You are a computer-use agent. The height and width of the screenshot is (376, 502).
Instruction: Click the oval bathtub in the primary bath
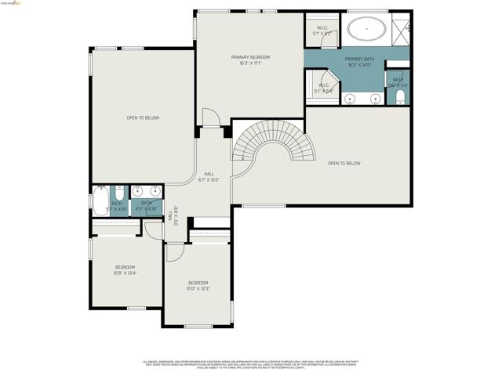click(366, 31)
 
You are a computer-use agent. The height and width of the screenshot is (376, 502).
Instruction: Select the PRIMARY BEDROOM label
click(250, 60)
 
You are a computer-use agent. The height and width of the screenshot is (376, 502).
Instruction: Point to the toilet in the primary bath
click(399, 96)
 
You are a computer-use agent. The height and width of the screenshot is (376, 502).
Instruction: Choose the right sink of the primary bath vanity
click(374, 99)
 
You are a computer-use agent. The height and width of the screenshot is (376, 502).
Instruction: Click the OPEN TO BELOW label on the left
click(143, 117)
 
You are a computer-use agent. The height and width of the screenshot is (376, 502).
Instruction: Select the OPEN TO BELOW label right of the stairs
click(344, 163)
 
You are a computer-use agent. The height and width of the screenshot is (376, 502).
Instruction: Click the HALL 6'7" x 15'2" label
click(209, 176)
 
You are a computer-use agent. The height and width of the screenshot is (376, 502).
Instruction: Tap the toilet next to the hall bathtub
click(119, 192)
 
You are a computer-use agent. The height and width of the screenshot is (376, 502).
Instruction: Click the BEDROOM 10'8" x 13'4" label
click(125, 269)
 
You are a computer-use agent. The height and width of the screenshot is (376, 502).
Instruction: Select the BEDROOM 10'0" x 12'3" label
click(198, 285)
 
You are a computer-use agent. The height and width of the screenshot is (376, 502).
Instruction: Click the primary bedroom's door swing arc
click(209, 117)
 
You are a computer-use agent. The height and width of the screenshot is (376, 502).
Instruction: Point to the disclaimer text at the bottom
click(250, 363)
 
